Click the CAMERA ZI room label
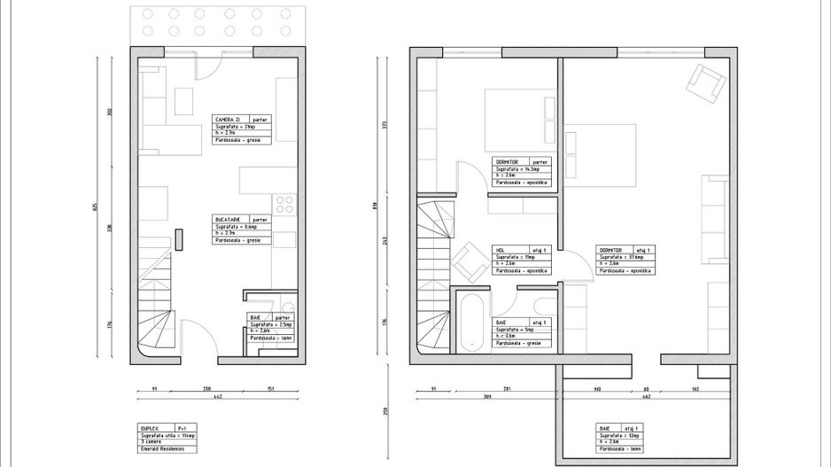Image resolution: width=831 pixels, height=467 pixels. point(226,119)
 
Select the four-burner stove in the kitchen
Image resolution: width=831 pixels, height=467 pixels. point(285,205)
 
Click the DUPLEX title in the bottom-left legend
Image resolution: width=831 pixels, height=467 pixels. point(150,427)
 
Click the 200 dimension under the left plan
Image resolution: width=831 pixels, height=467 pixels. point(207,388)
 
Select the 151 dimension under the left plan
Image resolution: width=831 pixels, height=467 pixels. point(269,388)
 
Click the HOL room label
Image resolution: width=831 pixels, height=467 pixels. point(501,250)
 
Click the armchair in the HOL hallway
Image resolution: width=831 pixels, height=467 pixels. point(468,262)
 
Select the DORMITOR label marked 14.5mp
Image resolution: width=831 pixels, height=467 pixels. point(507,162)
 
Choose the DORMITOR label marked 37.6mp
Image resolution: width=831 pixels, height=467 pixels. point(612,250)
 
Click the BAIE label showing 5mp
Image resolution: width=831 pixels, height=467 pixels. point(501,322)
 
